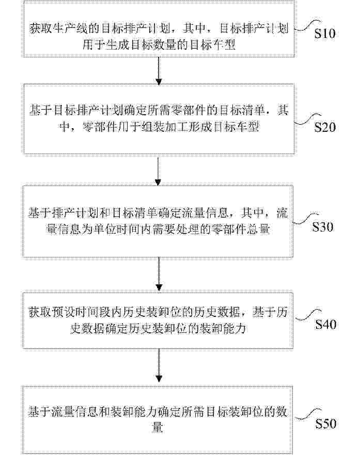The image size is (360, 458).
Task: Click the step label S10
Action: (x=325, y=34)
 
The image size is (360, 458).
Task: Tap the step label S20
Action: (x=325, y=127)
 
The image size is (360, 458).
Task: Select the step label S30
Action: (x=323, y=226)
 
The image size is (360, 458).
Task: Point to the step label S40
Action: (x=325, y=324)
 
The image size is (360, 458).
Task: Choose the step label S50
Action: (x=325, y=423)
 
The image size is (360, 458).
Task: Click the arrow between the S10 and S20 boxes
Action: (x=159, y=71)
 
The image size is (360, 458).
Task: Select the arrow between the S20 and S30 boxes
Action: (x=158, y=171)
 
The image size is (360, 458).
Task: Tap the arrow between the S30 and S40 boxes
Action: (x=159, y=274)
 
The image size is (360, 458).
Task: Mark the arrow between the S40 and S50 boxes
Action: (x=159, y=365)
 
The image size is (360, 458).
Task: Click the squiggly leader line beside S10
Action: (x=307, y=26)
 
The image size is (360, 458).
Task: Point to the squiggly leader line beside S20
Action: (x=307, y=120)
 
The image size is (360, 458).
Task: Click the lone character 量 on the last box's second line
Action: (x=158, y=428)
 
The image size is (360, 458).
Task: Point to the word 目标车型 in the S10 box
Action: (x=213, y=44)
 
